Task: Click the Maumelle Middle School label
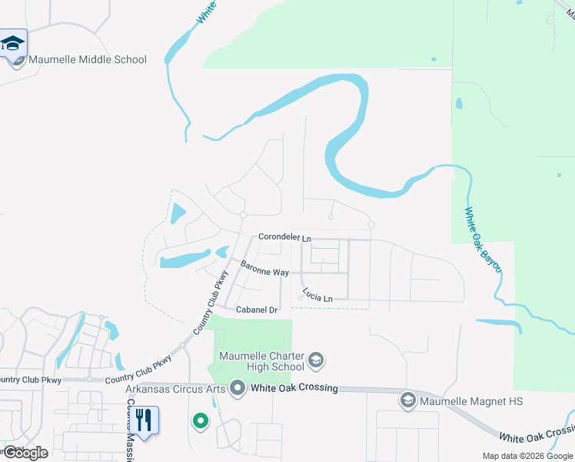88,60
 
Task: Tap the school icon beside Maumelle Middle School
14,44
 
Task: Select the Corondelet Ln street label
284,237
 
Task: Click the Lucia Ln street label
317,295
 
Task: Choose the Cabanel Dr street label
257,310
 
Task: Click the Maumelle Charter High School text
261,361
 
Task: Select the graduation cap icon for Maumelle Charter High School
315,360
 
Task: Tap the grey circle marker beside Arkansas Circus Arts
238,388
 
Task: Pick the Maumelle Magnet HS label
470,401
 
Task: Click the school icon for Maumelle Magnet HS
407,401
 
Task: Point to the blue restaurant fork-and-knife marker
143,420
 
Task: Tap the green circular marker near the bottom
200,420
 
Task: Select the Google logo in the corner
26,453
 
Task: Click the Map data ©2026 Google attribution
528,456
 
